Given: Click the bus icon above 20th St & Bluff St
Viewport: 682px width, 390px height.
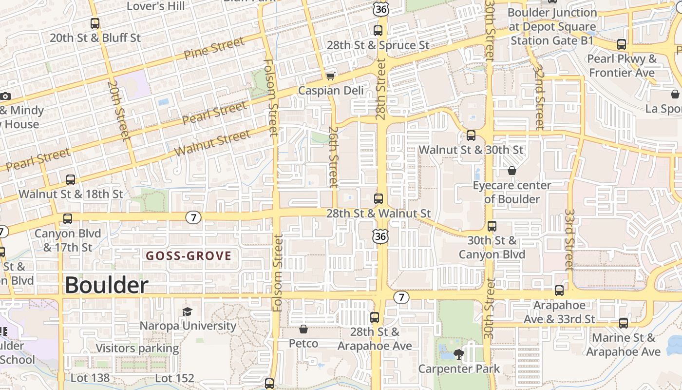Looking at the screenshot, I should tap(95, 23).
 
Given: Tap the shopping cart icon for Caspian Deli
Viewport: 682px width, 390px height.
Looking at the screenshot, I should tap(331, 76).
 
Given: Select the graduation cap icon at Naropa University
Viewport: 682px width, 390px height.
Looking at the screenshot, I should tap(187, 312).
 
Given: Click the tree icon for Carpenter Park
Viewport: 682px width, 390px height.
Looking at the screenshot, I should tap(458, 354).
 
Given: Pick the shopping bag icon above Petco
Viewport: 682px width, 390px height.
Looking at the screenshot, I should tap(303, 330).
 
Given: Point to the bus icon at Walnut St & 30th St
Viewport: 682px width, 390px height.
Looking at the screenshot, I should tap(471, 136).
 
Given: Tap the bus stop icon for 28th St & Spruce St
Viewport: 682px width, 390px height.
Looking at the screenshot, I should tap(378, 31).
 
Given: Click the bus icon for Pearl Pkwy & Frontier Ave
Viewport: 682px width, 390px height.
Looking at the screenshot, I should tap(622, 44).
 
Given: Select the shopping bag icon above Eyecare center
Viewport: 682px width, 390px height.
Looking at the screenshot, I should tap(511, 171).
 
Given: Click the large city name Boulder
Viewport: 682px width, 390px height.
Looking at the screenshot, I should tap(106, 285).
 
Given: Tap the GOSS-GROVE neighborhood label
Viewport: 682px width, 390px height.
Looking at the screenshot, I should tap(189, 256).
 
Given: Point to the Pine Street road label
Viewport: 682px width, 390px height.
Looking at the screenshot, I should tap(214, 48).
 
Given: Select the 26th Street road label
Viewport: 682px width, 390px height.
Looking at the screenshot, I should tap(334, 157).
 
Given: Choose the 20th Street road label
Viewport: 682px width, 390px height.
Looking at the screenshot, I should tap(119, 111).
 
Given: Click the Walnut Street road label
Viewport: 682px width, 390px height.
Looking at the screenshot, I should tap(212, 143).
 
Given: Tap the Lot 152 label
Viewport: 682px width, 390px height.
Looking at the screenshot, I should tap(174, 378).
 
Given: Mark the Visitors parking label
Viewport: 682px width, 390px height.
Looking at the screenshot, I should tap(137, 348).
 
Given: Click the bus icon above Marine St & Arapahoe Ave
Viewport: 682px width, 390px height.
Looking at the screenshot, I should tap(623, 323).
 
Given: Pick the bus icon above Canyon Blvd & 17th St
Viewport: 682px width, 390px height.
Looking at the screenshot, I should tap(68, 219).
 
